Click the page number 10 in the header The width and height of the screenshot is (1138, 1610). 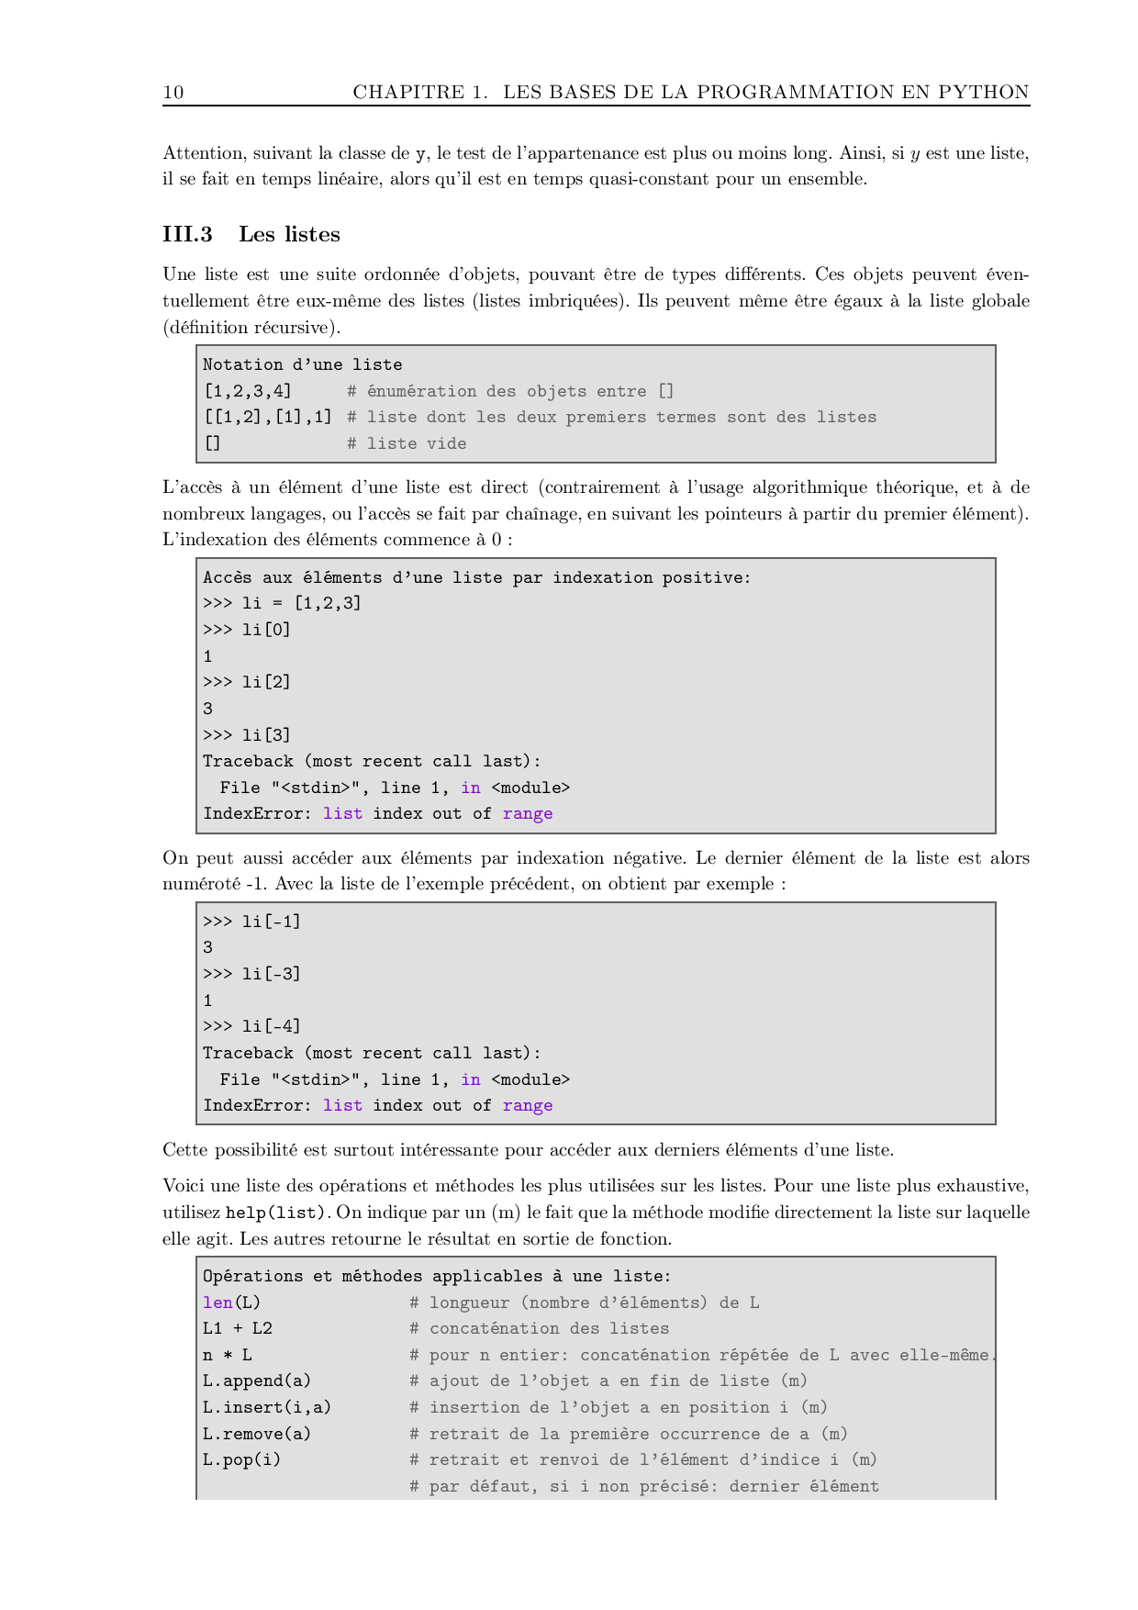[173, 92]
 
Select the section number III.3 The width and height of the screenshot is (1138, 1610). [187, 234]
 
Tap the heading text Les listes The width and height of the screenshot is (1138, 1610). [289, 234]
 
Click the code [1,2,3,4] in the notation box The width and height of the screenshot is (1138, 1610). [247, 391]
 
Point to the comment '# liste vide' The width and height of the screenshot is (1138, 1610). [407, 443]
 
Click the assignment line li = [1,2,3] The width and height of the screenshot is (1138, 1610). [301, 603]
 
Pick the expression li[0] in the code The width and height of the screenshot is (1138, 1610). [266, 630]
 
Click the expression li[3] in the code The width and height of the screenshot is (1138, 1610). [266, 735]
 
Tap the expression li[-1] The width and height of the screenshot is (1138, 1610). [271, 922]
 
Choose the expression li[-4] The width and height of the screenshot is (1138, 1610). [271, 1026]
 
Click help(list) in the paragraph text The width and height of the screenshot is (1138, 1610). [275, 1213]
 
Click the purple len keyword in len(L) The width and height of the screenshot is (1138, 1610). [218, 1303]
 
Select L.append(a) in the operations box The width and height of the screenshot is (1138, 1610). [257, 1381]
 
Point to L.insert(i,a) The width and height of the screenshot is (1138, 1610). [267, 1407]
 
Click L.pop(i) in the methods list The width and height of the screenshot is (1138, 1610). [242, 1459]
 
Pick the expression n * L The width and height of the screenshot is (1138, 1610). [228, 1355]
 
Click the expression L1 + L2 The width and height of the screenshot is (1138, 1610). [238, 1328]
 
